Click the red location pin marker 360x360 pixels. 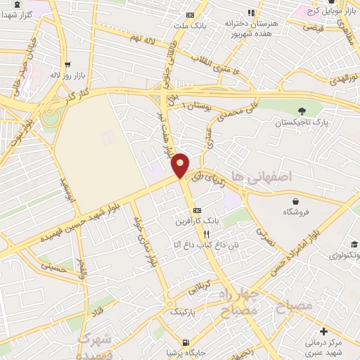click(181, 165)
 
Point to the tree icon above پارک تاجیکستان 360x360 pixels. click(302, 110)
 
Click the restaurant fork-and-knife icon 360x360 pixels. click(206, 233)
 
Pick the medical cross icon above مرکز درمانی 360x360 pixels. click(323, 330)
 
